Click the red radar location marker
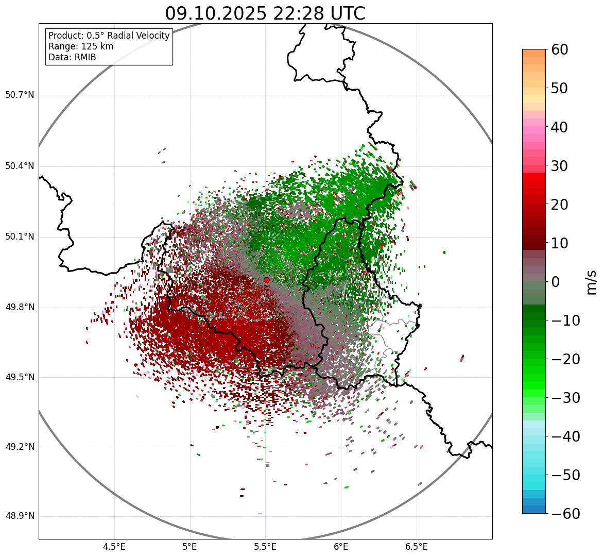click(x=266, y=280)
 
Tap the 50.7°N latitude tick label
click(x=20, y=95)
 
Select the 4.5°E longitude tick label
click(x=114, y=547)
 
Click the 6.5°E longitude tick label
click(x=416, y=547)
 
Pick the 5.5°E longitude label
click(x=265, y=547)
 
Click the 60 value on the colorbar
click(x=559, y=50)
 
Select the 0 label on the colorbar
click(x=555, y=282)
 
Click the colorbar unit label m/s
click(x=591, y=281)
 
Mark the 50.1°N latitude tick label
click(x=20, y=237)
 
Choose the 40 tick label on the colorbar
click(x=559, y=127)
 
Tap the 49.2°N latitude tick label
click(x=20, y=447)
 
